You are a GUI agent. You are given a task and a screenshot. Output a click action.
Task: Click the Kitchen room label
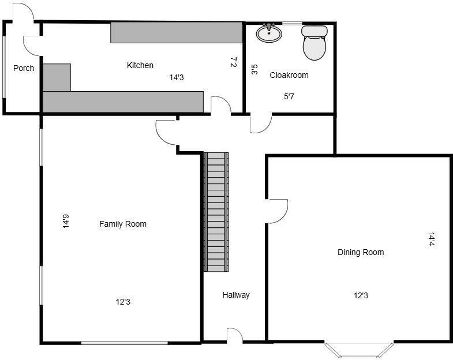tap(140, 65)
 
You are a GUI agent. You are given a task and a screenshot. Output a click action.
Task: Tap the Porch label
tap(24, 68)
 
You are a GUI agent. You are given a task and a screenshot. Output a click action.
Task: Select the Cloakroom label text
tap(289, 75)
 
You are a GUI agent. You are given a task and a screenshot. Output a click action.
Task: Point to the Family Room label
tap(123, 224)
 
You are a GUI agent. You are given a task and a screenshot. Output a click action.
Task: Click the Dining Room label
tap(361, 252)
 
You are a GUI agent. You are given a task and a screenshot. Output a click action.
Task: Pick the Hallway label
tap(236, 295)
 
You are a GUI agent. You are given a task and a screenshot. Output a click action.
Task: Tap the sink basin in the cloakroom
tap(269, 34)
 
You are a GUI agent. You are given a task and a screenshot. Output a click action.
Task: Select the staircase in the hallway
tap(216, 212)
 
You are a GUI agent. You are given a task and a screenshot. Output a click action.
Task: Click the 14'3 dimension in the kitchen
tap(177, 77)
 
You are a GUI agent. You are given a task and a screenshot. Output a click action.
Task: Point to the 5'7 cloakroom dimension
tap(289, 97)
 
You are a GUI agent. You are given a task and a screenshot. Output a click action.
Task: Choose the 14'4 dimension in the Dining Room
tap(431, 239)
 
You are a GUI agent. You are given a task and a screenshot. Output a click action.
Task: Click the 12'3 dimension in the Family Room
tap(123, 302)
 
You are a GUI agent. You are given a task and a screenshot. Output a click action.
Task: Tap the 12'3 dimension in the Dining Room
tap(361, 295)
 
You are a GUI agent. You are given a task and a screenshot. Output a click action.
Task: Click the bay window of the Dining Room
tap(359, 350)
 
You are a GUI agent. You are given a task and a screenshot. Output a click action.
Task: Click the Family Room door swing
tap(166, 132)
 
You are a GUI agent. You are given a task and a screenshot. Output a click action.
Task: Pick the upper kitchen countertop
tap(176, 32)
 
